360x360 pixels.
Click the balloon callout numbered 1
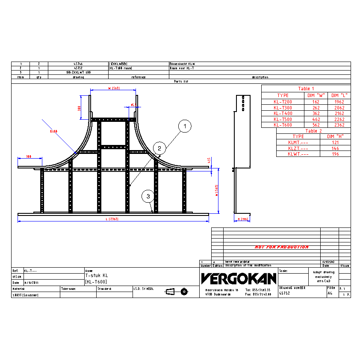[185, 126]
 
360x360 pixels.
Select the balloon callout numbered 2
[159, 148]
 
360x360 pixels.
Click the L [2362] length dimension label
[112, 219]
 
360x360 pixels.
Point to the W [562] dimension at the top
[113, 88]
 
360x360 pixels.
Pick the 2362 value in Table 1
[339, 125]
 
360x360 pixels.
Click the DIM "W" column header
[316, 95]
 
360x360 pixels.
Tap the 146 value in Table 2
[335, 148]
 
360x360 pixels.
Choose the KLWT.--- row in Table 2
[298, 154]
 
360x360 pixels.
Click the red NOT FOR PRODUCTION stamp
[281, 247]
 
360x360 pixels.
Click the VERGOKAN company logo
[239, 279]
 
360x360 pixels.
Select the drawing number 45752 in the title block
[286, 293]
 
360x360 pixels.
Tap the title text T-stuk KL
[96, 276]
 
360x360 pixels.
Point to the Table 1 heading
[306, 89]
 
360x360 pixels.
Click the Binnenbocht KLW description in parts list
[183, 64]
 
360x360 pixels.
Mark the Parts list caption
[181, 81]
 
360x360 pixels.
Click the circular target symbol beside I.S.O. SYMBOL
[184, 292]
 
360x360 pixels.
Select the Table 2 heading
[313, 131]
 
